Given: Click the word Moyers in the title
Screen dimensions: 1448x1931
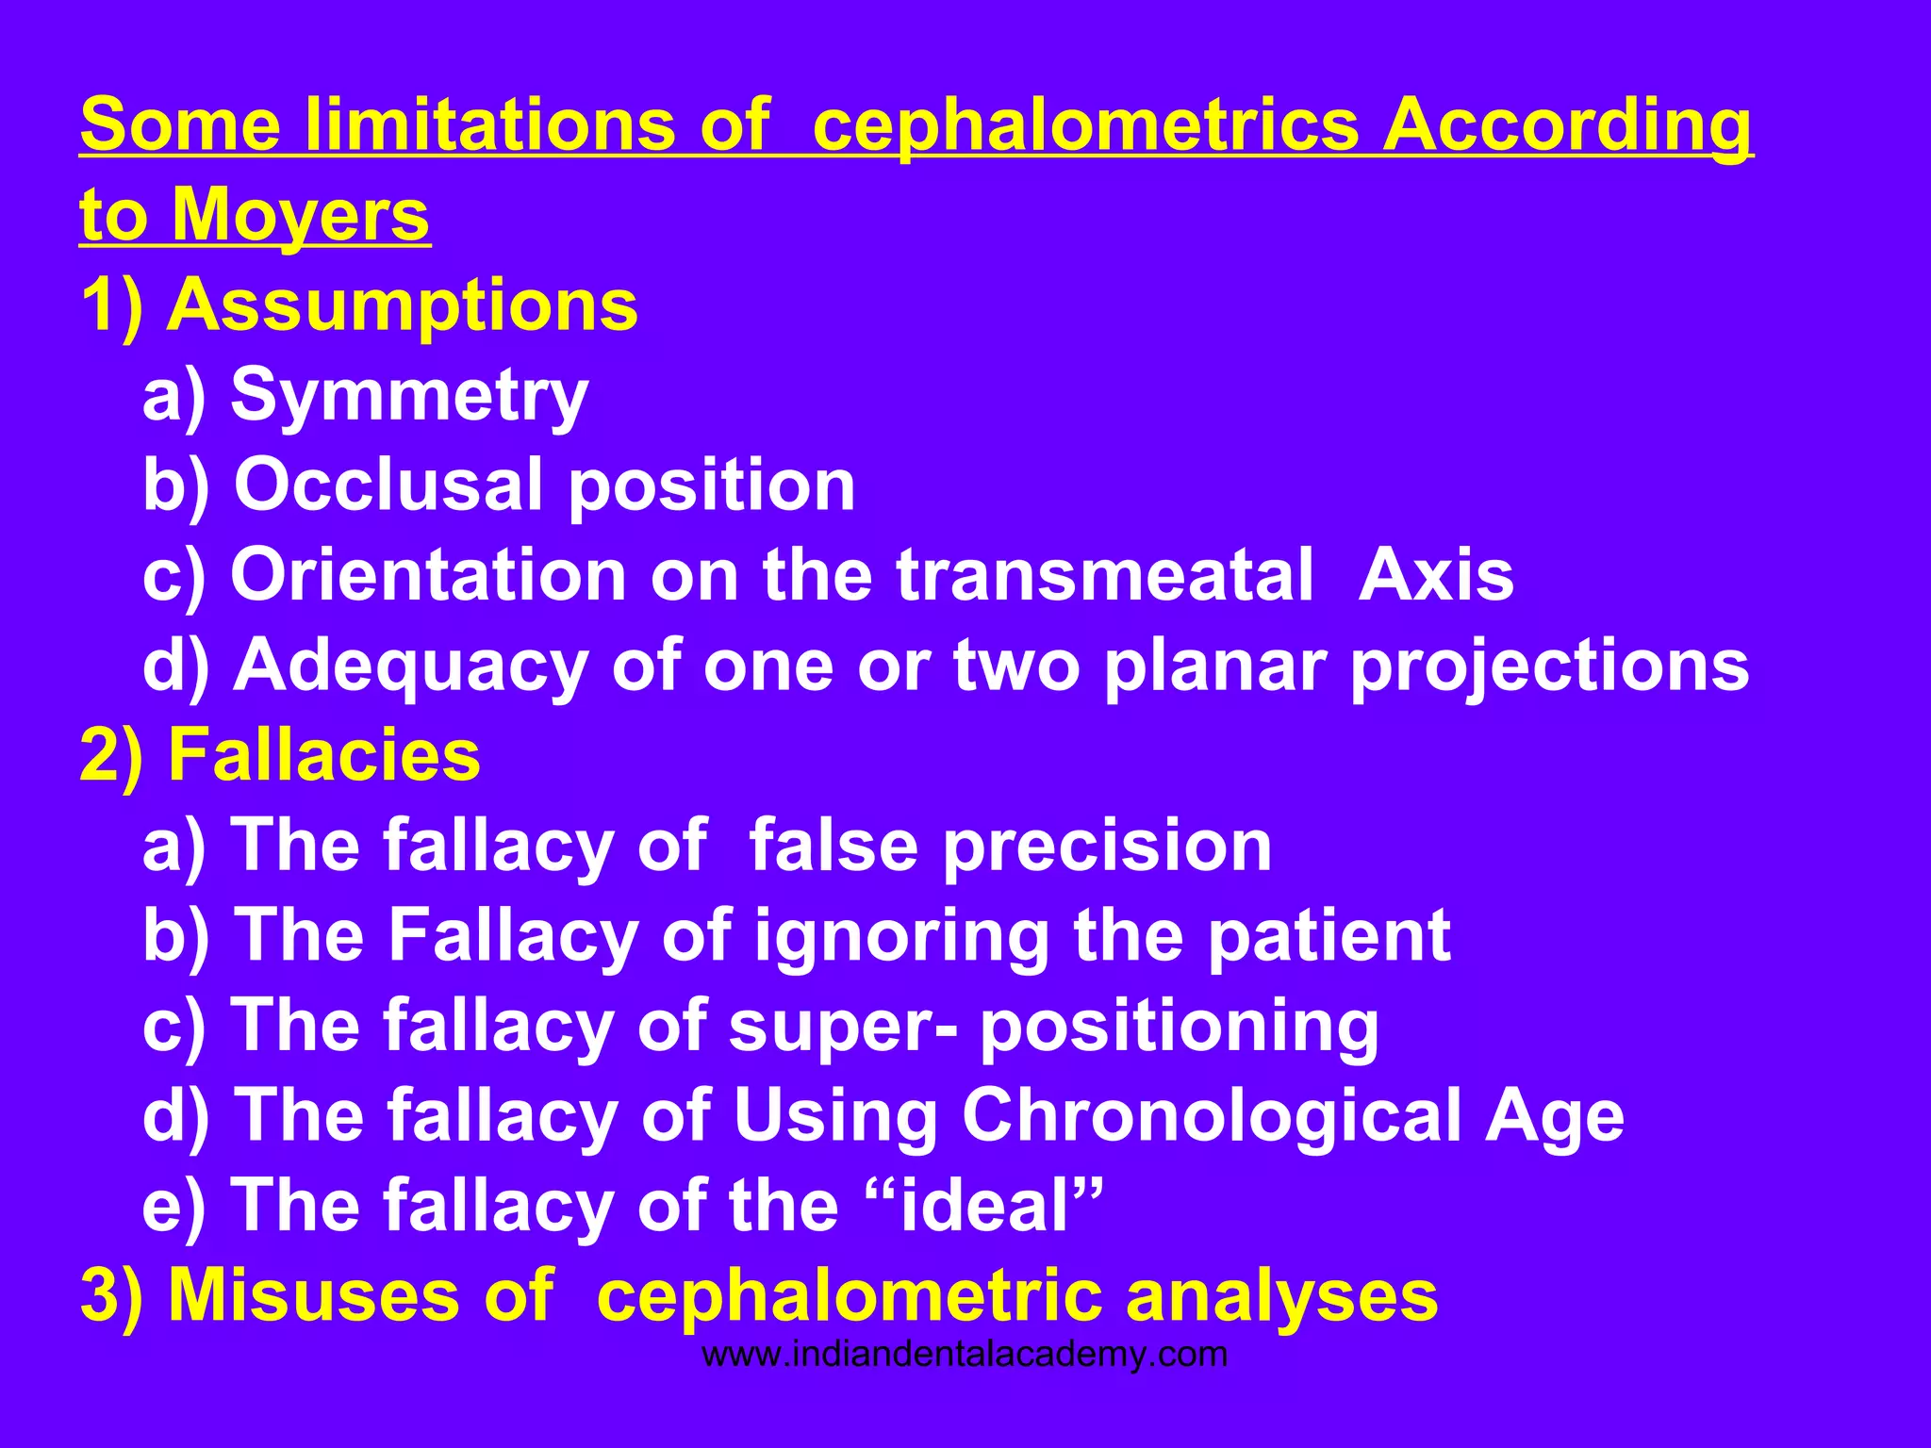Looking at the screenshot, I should click(300, 216).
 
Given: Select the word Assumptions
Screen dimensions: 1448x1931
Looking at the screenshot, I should click(402, 305).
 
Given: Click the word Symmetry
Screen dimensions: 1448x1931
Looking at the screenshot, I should click(409, 396).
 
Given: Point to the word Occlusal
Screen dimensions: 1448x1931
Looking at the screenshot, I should click(388, 485).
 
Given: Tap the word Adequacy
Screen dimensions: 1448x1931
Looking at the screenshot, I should click(411, 666).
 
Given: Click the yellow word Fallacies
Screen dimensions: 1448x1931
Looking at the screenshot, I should click(323, 755).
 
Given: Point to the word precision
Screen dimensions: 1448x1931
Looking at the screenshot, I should click(1108, 846).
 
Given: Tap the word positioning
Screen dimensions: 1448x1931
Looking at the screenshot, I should click(1180, 1026).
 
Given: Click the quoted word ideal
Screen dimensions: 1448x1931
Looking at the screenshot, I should click(984, 1206).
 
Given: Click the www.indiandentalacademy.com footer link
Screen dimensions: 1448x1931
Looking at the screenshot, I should click(965, 1355).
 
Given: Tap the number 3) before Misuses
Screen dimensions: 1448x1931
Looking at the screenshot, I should click(111, 1295).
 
